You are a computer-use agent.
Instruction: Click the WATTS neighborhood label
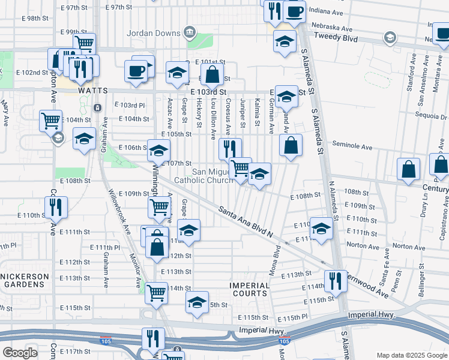[92, 91]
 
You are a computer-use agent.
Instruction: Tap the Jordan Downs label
[155, 31]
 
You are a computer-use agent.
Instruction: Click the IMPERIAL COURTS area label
[250, 289]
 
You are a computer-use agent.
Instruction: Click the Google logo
[20, 352]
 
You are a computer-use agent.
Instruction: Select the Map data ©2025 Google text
[411, 355]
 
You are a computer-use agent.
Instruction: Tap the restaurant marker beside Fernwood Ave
[335, 281]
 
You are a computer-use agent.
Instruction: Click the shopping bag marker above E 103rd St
[212, 75]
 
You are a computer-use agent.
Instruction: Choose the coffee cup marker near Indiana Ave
[294, 12]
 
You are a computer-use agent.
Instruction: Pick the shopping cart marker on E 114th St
[157, 293]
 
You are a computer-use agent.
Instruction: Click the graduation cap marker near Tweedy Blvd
[285, 41]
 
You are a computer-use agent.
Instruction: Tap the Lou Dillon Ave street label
[213, 115]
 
